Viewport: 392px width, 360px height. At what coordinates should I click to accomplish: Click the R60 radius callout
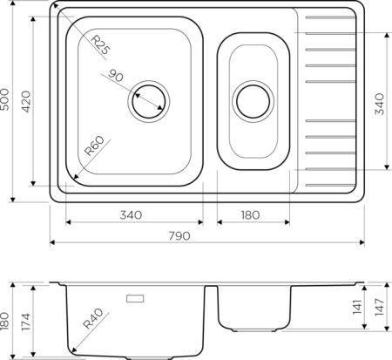[x=93, y=151]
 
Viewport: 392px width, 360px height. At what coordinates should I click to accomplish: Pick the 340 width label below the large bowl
[x=133, y=215]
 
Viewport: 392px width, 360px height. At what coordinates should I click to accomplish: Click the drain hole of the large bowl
[x=149, y=100]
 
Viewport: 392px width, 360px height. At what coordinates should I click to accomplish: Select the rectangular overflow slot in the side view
[x=139, y=298]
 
